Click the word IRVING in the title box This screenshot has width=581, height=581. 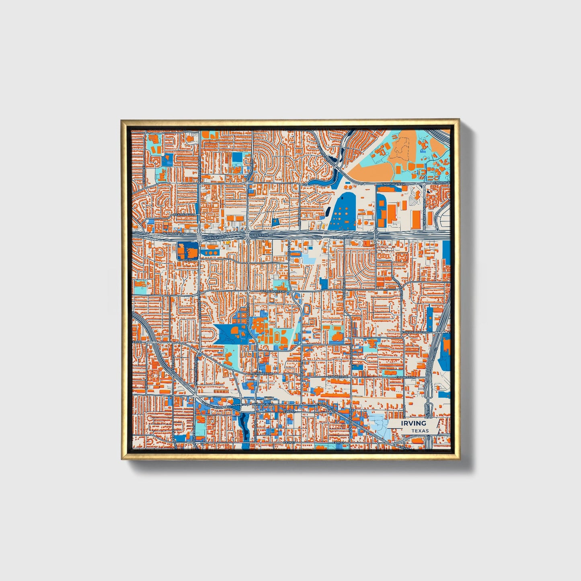[x=413, y=423]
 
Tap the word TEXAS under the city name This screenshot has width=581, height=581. [x=420, y=431]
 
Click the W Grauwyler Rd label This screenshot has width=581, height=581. [x=273, y=291]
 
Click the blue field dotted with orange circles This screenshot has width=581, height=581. [x=342, y=211]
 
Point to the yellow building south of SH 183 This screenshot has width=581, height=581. [x=228, y=242]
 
